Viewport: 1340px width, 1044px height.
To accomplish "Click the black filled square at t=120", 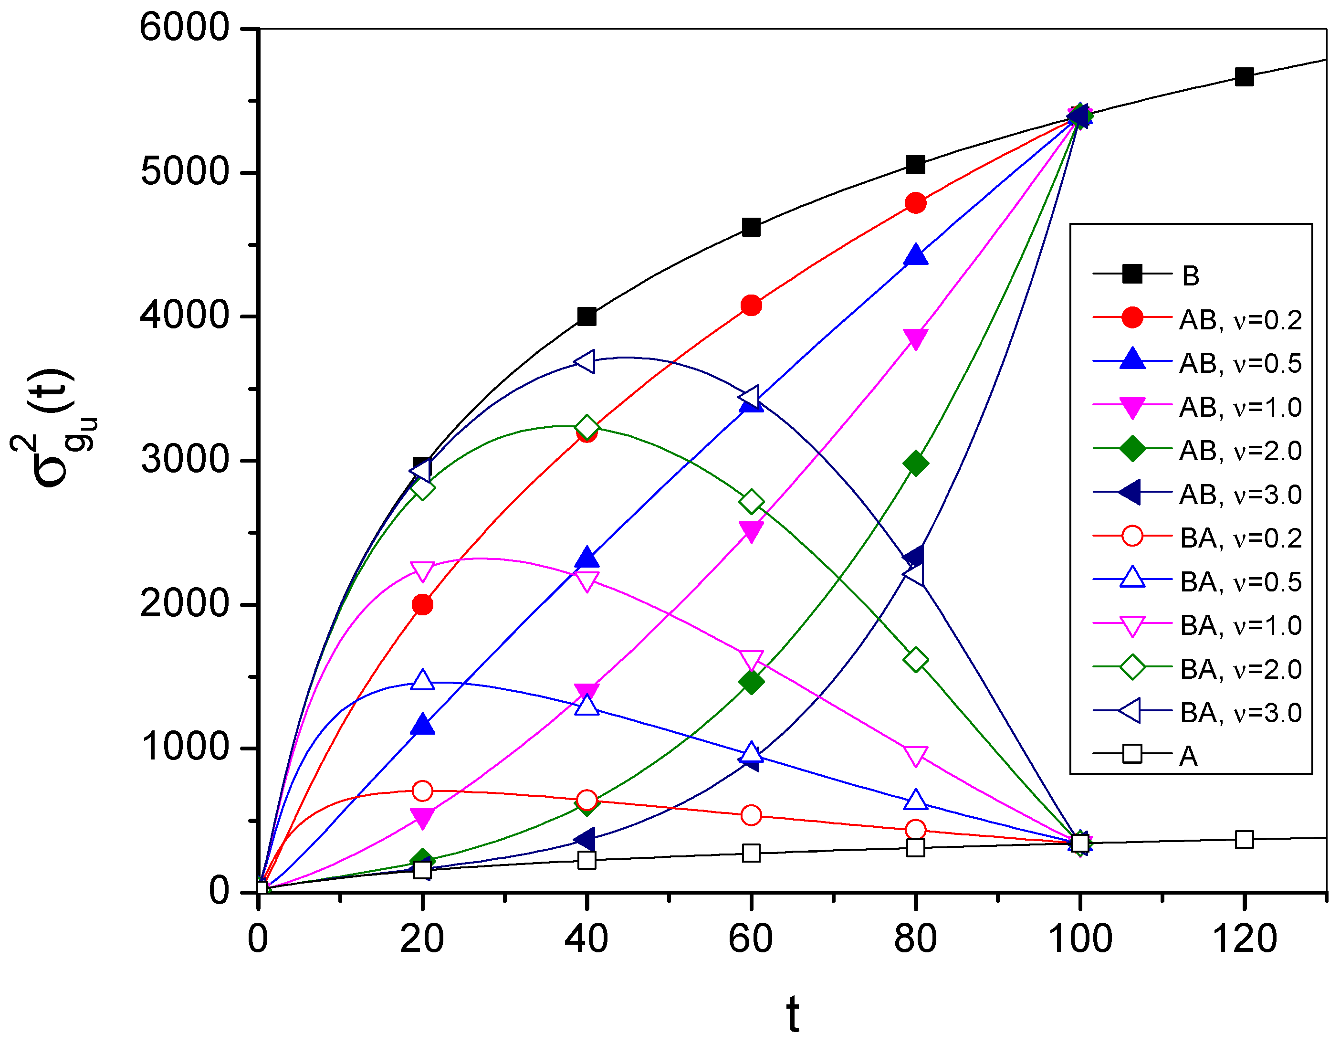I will pos(1244,77).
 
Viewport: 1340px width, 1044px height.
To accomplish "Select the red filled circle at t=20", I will pos(422,604).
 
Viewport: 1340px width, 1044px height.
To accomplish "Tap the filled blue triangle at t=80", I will pos(915,255).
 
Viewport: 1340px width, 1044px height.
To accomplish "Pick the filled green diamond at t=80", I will pos(915,464).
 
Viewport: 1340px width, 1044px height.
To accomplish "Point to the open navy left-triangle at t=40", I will pos(586,361).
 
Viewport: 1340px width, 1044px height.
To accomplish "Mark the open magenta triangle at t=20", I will pos(422,571).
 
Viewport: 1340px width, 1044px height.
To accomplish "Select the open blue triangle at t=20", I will pos(422,680).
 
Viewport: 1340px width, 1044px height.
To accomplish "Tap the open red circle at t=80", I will pos(915,830).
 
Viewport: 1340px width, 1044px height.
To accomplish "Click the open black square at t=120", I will pos(1244,839).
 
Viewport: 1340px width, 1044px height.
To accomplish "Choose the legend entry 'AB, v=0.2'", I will pos(1239,320).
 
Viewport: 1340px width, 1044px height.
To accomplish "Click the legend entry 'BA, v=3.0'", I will pos(1239,713).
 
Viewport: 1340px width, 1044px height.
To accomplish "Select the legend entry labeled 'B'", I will pos(1190,276).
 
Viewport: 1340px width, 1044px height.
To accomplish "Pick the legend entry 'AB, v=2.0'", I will pos(1239,451).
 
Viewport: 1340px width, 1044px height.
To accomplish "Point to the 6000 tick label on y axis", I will pos(184,28).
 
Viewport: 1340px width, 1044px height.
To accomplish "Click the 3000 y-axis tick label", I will pos(184,460).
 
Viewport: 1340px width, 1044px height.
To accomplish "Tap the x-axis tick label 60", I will pos(750,939).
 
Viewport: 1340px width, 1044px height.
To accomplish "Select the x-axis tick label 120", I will pos(1244,939).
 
